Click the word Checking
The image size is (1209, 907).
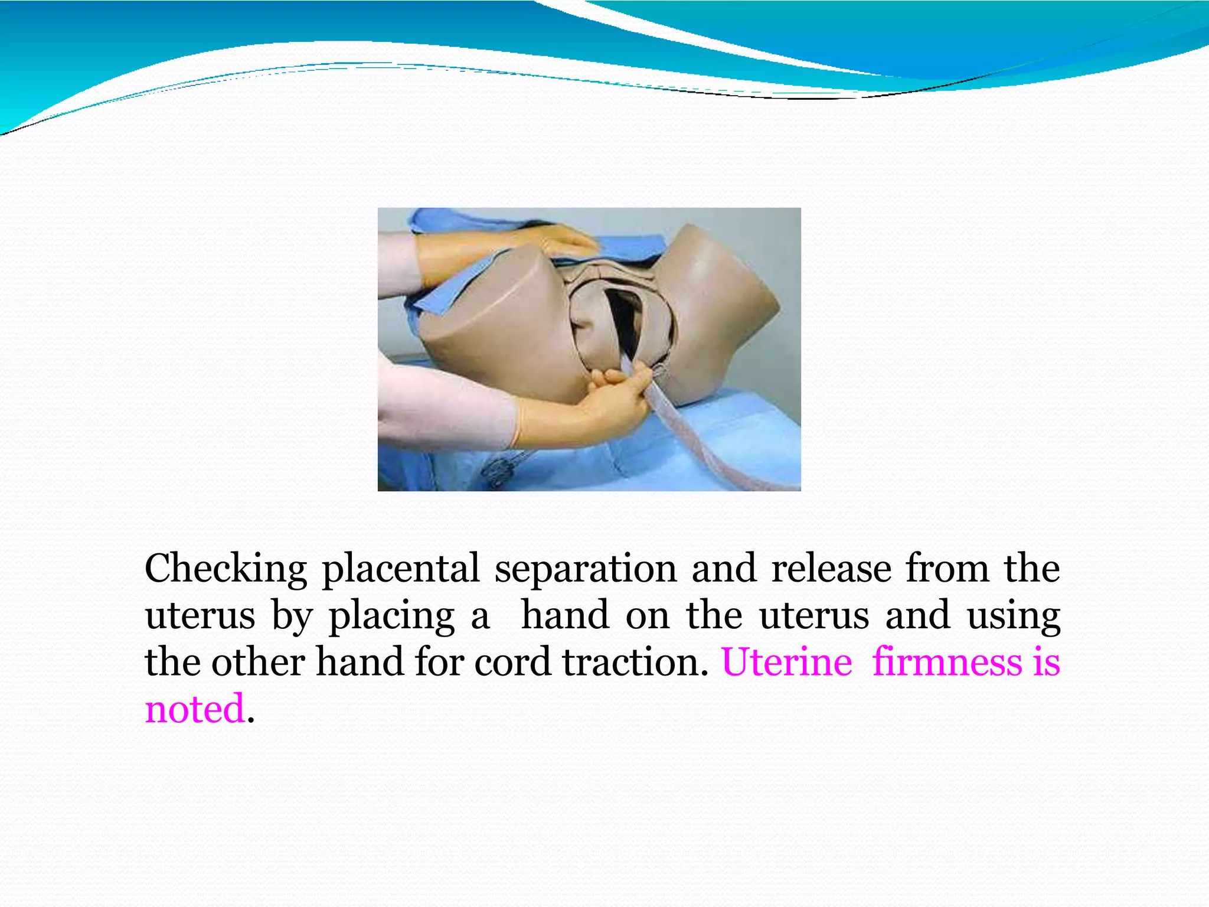[x=226, y=569]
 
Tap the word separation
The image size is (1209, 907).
[x=585, y=569]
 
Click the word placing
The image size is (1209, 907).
[x=391, y=616]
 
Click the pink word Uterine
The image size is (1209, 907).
[x=786, y=662]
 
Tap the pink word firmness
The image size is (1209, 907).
[x=947, y=662]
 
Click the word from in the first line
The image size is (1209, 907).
[x=947, y=568]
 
